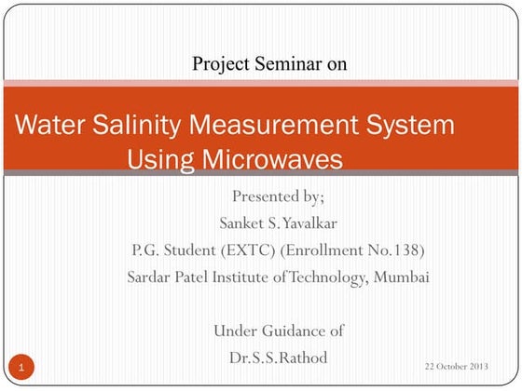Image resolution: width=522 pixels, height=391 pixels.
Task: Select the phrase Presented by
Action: (x=278, y=196)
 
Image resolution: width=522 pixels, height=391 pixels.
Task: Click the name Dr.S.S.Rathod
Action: (x=278, y=357)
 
